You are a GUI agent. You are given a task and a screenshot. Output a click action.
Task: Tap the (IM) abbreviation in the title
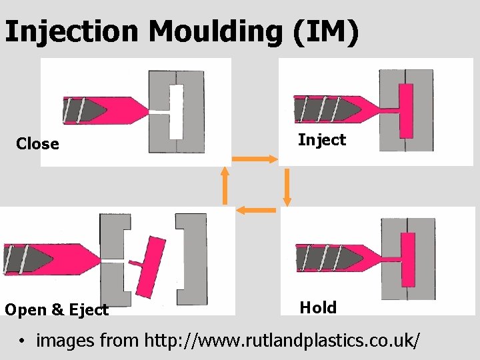point(325,31)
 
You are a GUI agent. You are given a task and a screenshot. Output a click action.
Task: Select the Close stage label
point(37,144)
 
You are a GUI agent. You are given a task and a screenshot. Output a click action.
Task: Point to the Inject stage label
point(322,140)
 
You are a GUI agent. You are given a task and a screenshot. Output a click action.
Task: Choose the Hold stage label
point(318,307)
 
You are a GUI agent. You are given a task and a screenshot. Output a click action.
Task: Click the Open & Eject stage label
point(56,310)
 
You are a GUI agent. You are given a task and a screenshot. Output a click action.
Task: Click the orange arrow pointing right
point(254,159)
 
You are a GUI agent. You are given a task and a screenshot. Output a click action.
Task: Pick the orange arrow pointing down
point(287,187)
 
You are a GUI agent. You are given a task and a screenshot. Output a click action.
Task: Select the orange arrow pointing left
point(257,211)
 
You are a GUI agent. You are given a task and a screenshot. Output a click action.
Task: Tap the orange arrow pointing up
point(225,185)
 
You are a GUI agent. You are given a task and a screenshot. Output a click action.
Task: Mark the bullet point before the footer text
point(22,341)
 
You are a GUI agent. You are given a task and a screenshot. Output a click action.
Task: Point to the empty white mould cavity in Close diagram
point(176,111)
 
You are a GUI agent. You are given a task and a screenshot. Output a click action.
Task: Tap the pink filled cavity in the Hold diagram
point(407,259)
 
